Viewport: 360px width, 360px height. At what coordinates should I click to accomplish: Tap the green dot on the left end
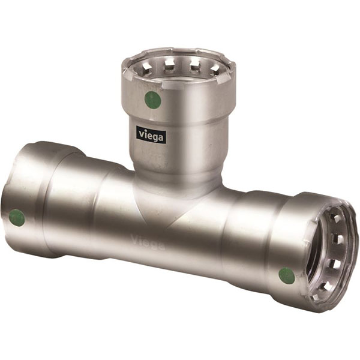[x=17, y=218]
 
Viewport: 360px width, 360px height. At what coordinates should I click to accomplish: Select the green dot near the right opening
[x=287, y=276]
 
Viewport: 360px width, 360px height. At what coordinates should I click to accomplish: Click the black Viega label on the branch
[x=151, y=134]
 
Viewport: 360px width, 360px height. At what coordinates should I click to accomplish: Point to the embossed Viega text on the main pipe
[x=148, y=242]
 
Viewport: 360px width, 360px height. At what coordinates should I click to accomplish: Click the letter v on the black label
[x=141, y=133]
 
